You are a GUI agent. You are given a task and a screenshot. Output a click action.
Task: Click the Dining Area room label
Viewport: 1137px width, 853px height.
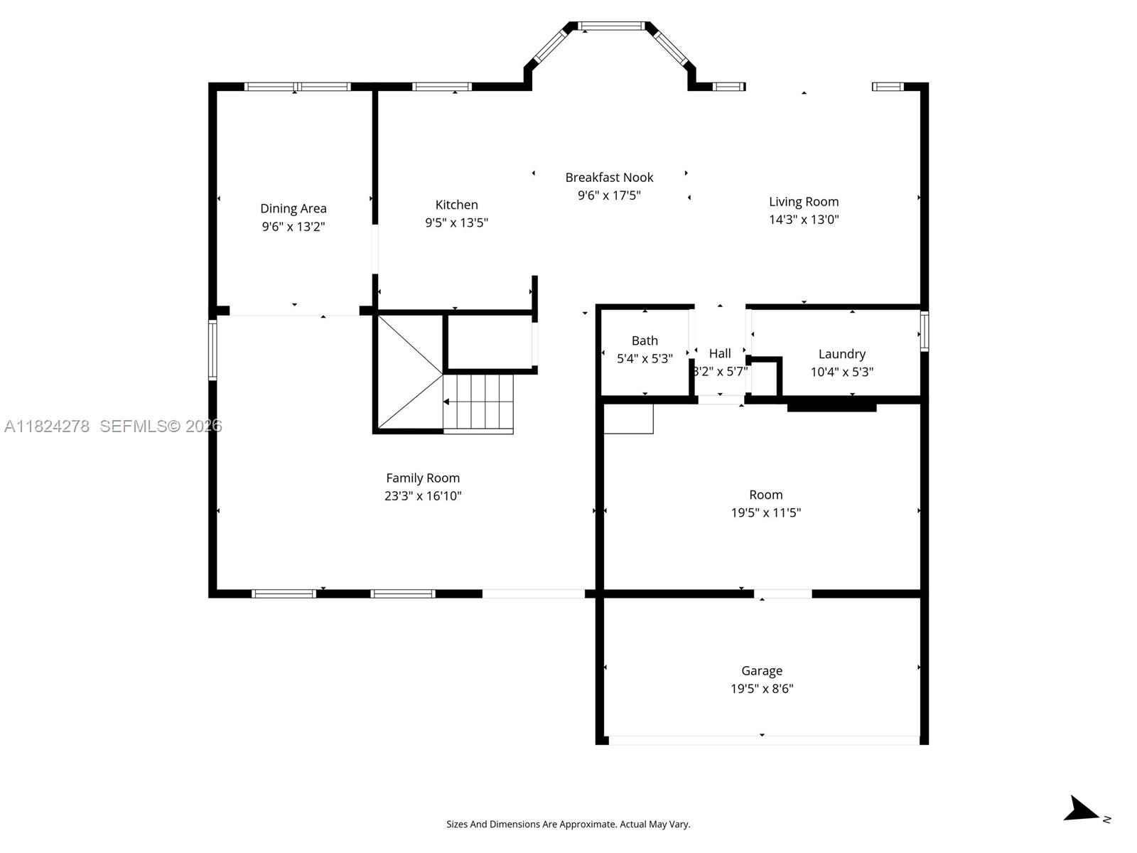293,208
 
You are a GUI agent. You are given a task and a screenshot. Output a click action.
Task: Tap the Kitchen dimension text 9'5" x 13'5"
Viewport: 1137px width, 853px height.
456,222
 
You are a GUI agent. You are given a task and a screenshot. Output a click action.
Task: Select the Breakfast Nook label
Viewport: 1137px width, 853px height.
609,177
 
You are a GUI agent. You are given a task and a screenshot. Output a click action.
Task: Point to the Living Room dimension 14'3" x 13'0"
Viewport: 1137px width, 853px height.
804,220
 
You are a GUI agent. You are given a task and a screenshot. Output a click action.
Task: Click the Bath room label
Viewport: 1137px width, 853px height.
645,340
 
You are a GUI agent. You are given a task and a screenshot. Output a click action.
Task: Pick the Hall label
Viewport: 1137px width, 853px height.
720,353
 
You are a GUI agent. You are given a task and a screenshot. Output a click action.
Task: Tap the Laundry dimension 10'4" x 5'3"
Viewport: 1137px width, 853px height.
841,372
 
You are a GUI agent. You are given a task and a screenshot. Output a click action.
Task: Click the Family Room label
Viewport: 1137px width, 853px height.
423,478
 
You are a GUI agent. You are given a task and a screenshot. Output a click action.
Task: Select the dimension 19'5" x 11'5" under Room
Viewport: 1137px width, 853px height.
765,513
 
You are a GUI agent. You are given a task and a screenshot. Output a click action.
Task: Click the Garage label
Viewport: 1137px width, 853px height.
762,670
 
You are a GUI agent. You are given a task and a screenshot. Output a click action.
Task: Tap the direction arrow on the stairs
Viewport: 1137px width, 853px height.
447,402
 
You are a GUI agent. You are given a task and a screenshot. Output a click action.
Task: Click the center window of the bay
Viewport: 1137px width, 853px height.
611,26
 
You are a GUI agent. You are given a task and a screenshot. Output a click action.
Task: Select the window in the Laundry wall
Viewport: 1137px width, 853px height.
924,331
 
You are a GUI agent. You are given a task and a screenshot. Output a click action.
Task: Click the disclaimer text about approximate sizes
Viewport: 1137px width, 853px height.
568,825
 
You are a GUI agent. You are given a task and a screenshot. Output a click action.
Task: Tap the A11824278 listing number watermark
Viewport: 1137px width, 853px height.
47,426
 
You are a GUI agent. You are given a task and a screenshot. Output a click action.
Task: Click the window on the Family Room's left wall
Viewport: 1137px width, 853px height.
212,350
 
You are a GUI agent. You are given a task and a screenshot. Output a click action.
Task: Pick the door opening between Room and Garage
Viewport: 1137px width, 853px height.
782,594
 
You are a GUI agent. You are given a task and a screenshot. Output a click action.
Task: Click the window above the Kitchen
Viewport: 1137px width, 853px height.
441,87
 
